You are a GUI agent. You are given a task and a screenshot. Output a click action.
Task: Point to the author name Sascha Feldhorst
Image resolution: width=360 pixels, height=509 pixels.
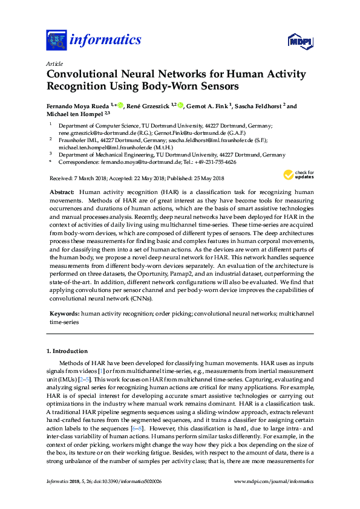pyautogui.click(x=258, y=105)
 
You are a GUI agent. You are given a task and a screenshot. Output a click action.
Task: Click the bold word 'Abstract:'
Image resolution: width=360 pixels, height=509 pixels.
pyautogui.click(x=62, y=191)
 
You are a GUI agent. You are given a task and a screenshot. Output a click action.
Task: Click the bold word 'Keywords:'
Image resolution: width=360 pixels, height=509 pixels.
pyautogui.click(x=64, y=314)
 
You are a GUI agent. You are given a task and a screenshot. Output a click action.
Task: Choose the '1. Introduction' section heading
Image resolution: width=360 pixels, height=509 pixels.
pyautogui.click(x=67, y=351)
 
